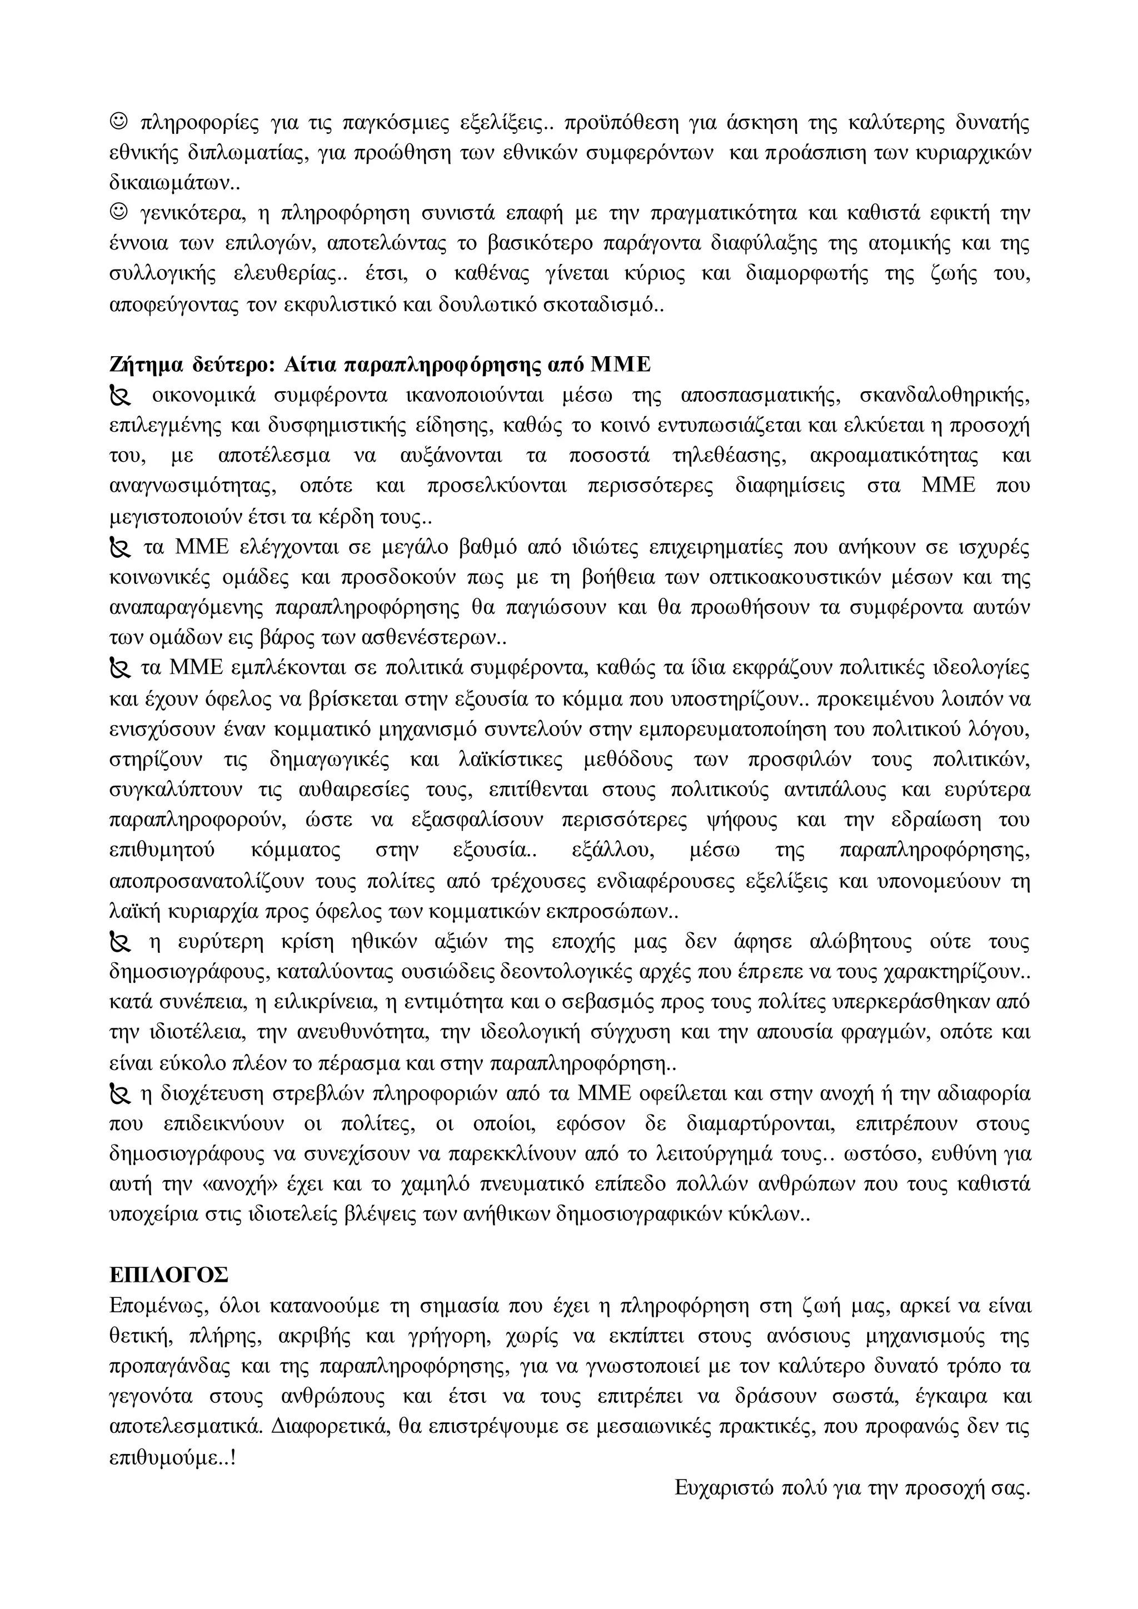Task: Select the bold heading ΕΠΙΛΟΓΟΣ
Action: coord(169,1275)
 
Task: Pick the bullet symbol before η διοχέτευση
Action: coord(121,1094)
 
